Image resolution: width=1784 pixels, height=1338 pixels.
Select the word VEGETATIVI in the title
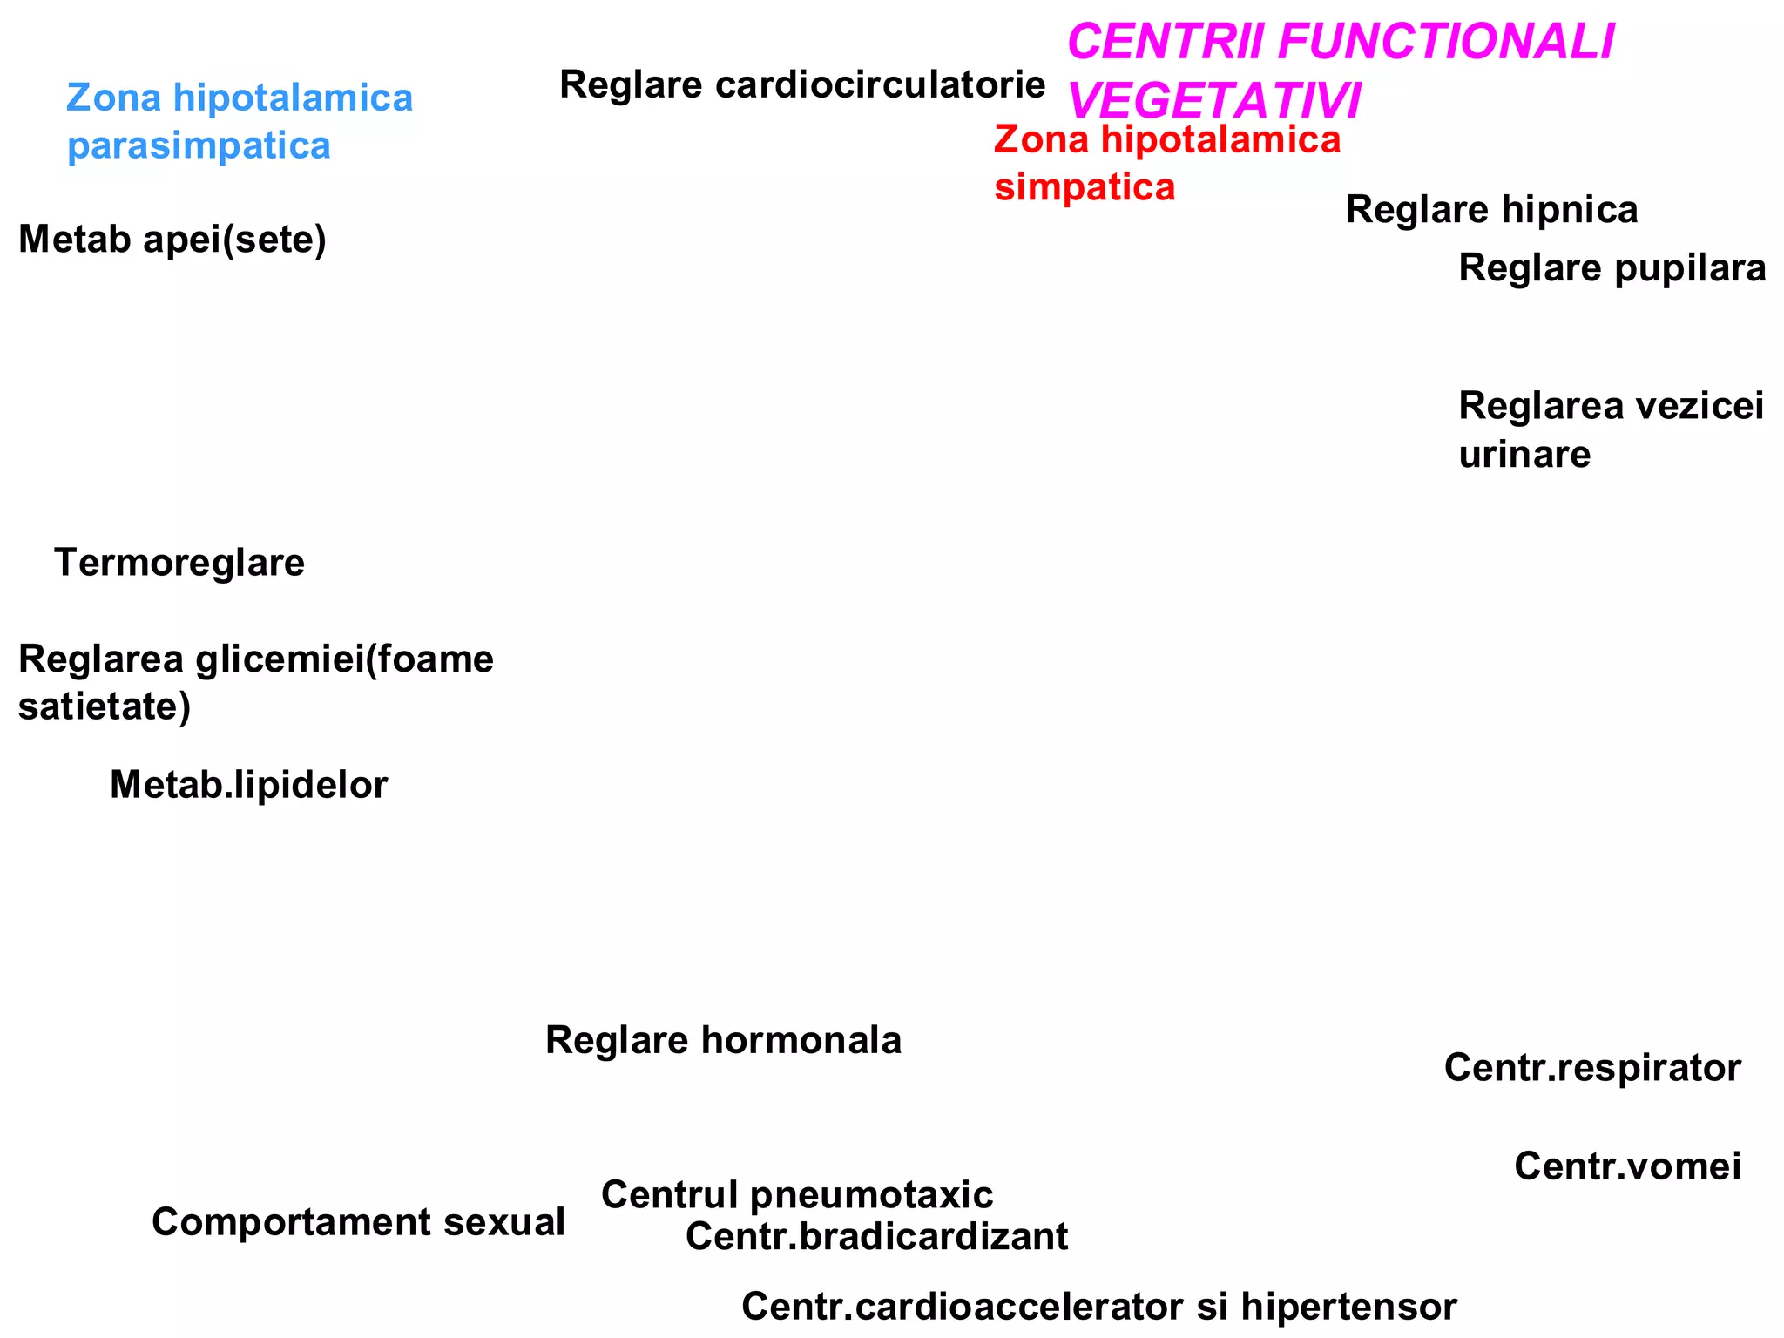1213,101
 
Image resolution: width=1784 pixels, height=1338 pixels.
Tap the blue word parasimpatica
199,146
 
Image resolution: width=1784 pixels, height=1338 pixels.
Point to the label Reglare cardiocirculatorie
801,85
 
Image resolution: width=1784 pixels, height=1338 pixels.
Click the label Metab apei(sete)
172,240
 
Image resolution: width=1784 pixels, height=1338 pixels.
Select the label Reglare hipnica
1491,211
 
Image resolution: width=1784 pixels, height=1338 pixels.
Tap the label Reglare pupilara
1612,268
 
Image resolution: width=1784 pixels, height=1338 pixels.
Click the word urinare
1524,455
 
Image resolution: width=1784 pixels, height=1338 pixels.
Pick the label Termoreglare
179,564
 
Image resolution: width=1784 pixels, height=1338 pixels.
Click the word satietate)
105,706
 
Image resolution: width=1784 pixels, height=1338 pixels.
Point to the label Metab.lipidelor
248,786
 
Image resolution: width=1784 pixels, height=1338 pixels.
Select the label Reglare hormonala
723,1041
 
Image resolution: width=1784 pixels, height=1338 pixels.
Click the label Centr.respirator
1592,1069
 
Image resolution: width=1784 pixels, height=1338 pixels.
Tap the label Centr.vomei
1627,1167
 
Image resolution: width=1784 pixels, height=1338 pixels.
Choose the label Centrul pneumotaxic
797,1195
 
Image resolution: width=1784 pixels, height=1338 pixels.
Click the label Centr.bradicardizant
876,1238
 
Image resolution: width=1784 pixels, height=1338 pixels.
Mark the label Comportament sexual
358,1223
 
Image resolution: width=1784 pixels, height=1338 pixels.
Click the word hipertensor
1348,1308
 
